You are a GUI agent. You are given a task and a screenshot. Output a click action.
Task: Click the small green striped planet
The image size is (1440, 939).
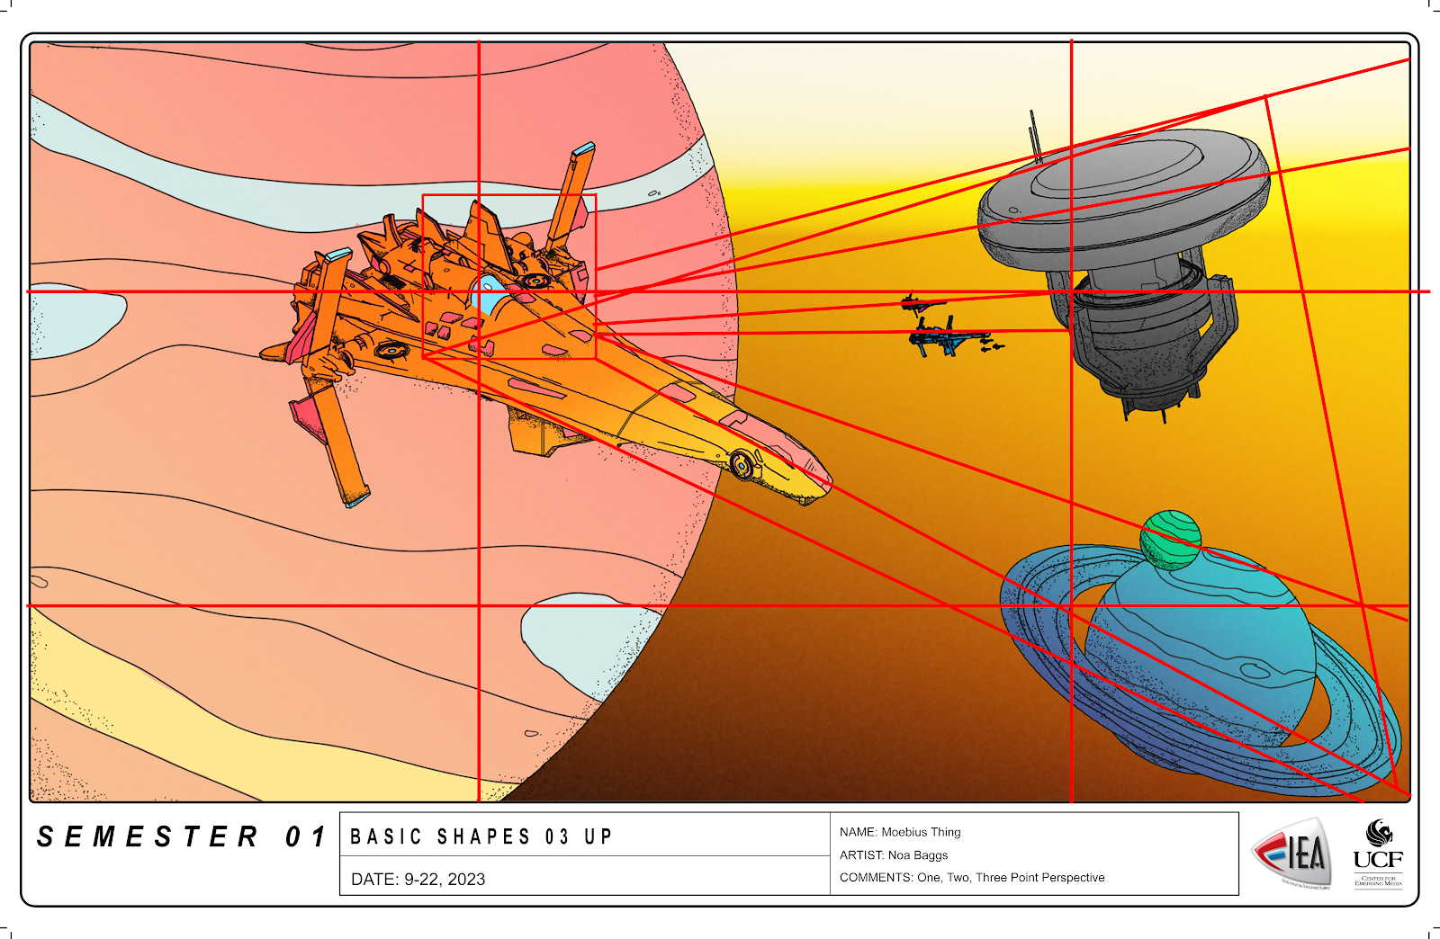coord(1170,540)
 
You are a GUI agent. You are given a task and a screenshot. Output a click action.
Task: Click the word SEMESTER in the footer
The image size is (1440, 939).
coord(148,837)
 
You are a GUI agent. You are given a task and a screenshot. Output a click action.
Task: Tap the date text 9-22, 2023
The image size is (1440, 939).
coord(445,880)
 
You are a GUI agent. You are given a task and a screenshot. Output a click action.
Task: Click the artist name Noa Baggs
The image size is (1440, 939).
coord(918,855)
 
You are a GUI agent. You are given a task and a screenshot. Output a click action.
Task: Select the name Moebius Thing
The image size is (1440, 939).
coord(921,832)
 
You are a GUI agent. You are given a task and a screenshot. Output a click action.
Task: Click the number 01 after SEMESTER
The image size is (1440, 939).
coord(305,837)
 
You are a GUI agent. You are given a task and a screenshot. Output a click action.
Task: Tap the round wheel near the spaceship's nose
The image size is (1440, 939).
coord(742,464)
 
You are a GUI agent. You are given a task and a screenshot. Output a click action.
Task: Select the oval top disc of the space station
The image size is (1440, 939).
coord(1125,171)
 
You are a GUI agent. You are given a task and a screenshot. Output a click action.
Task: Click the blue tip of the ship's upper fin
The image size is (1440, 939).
coord(585,148)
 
